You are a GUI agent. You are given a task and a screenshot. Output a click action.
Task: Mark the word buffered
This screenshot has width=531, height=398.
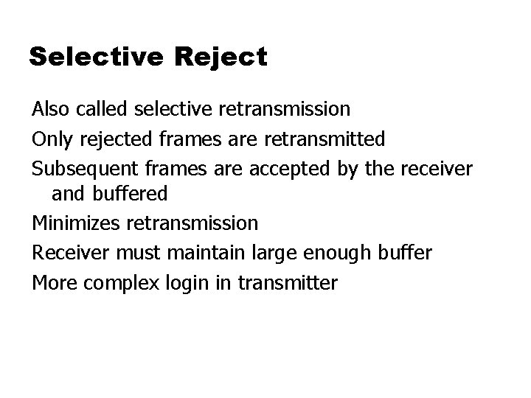click(x=131, y=194)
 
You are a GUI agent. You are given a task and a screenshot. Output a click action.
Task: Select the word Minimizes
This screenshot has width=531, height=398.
click(x=77, y=222)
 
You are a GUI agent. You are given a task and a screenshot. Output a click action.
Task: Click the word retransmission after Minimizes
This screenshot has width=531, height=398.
click(x=192, y=222)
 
